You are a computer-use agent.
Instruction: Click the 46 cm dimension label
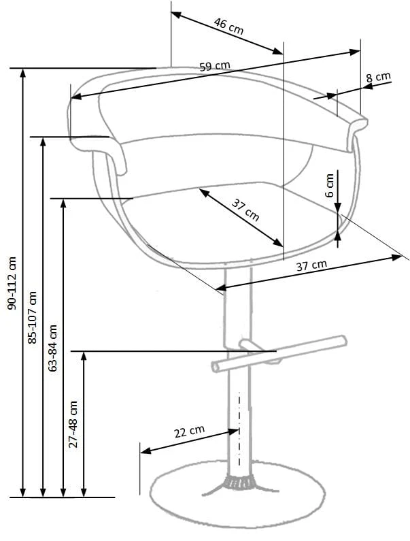(228, 27)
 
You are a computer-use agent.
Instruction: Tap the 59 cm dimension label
(215, 65)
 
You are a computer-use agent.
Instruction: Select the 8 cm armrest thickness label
(378, 77)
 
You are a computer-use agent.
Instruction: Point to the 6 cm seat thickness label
(330, 185)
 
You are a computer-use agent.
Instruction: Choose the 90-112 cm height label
(12, 283)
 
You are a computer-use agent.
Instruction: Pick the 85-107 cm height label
(33, 317)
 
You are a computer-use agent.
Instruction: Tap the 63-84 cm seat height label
(53, 348)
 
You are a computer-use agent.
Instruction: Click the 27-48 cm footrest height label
(73, 425)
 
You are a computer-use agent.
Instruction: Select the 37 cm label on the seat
(245, 210)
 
